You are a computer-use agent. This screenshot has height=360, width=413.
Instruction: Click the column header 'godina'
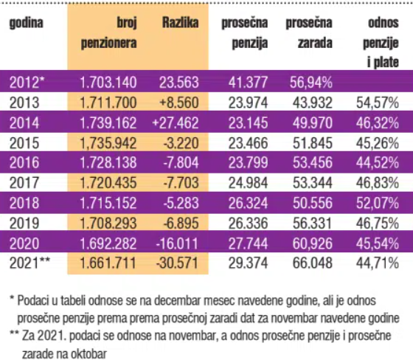pos(27,24)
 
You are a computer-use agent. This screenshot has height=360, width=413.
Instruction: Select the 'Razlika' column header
pos(180,24)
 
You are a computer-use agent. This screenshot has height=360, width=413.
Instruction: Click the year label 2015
pos(24,142)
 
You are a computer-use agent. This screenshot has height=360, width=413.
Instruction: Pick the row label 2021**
pos(29,262)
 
